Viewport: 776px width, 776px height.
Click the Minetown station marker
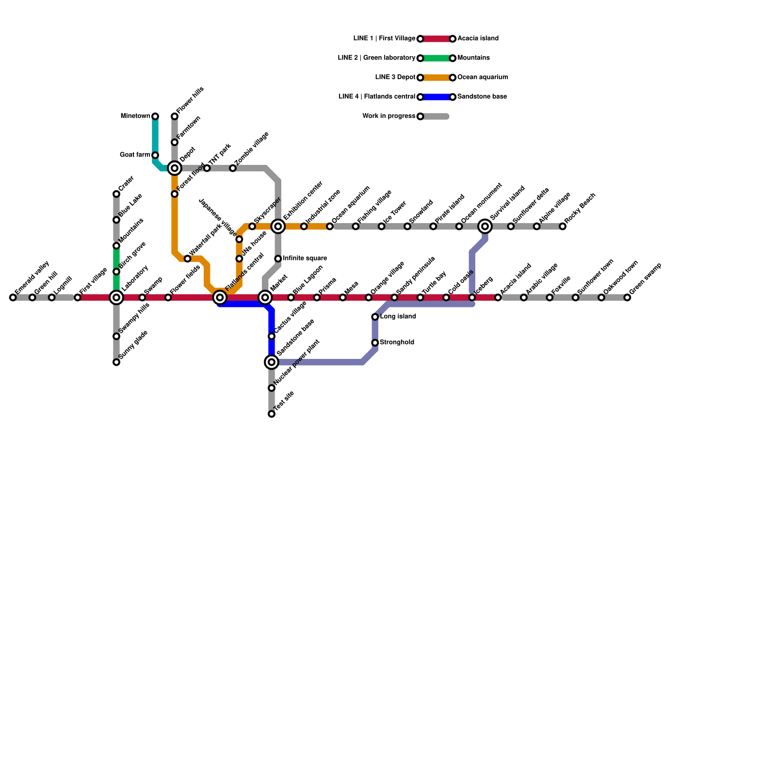pyautogui.click(x=155, y=116)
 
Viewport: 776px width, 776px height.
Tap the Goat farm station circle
pyautogui.click(x=155, y=155)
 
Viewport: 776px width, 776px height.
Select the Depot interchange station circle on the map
pyautogui.click(x=175, y=168)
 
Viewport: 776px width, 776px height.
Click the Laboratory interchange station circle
pyautogui.click(x=116, y=297)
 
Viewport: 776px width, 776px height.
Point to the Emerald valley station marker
pyautogui.click(x=13, y=297)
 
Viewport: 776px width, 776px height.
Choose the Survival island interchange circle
pyautogui.click(x=485, y=226)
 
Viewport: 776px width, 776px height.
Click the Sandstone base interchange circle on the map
pyautogui.click(x=272, y=362)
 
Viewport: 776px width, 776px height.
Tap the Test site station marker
pyautogui.click(x=272, y=414)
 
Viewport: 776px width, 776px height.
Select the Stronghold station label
pyautogui.click(x=397, y=342)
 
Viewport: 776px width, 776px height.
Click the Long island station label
pyautogui.click(x=398, y=317)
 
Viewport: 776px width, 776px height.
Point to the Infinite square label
pyautogui.click(x=305, y=259)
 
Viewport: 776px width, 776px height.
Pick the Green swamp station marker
pyautogui.click(x=627, y=297)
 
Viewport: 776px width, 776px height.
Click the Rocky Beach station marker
pyautogui.click(x=563, y=226)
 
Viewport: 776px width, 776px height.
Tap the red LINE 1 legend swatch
pyautogui.click(x=436, y=39)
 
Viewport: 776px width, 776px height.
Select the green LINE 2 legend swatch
pyautogui.click(x=436, y=58)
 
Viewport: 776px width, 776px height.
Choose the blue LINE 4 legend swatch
pyautogui.click(x=436, y=97)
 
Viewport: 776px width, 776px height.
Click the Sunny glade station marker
pyautogui.click(x=116, y=362)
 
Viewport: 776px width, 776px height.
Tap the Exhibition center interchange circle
pyautogui.click(x=278, y=226)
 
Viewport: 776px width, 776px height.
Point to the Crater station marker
pyautogui.click(x=116, y=194)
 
